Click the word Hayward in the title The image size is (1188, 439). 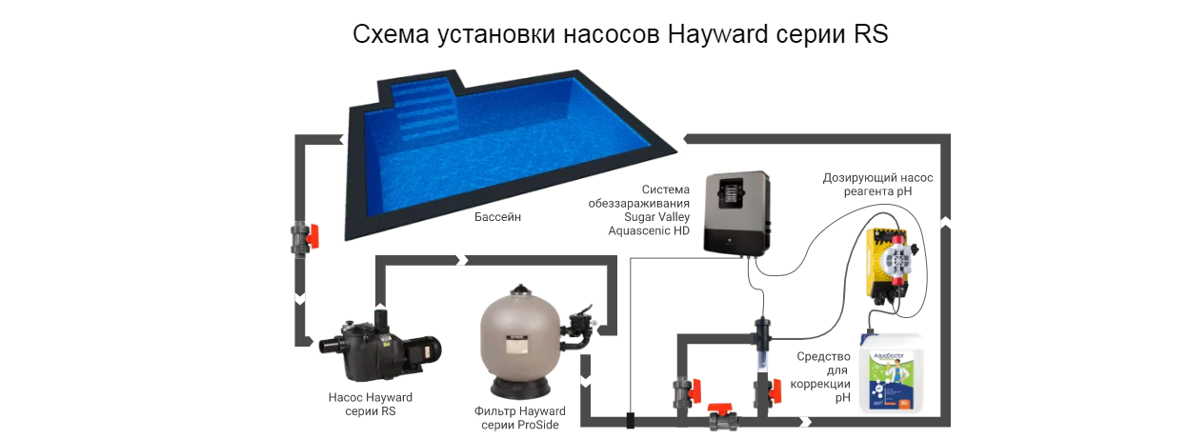click(717, 34)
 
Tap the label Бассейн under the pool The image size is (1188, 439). click(497, 217)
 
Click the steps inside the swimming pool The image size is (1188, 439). click(424, 112)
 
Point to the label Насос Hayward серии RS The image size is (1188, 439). click(371, 404)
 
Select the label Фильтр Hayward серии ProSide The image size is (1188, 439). click(520, 418)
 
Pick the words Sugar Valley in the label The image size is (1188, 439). click(656, 217)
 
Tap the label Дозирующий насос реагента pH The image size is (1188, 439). click(877, 185)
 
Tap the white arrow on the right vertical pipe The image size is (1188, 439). click(945, 222)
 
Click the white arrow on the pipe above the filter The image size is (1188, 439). click(462, 260)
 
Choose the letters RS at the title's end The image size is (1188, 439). click(871, 34)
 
